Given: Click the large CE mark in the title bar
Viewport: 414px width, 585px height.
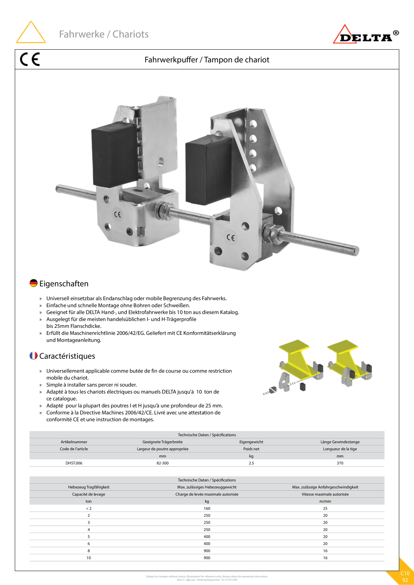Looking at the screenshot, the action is click(30, 59).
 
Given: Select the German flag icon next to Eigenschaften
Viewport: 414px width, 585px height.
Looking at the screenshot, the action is click(33, 283).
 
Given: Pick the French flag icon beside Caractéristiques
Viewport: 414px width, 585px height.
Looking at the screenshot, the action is click(33, 356).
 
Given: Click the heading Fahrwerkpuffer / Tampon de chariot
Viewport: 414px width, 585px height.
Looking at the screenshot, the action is click(207, 60).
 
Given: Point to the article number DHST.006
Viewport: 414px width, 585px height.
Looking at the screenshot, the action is click(74, 463).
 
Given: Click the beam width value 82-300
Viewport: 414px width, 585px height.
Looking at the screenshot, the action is click(163, 463).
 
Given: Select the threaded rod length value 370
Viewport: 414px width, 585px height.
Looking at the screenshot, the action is click(340, 463).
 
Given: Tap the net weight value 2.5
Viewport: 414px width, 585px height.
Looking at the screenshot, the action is click(251, 463).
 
